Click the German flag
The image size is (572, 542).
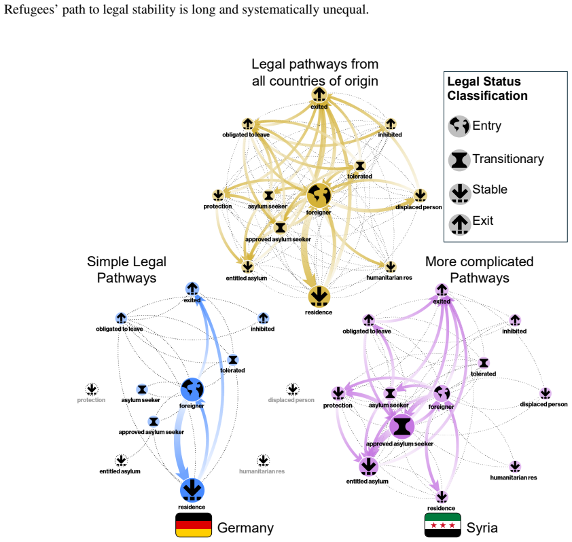pos(194,525)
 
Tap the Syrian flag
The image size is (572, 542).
pos(443,525)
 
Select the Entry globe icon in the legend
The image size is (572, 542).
pos(459,126)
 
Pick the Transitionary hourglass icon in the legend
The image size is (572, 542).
pos(459,160)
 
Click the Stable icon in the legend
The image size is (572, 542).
pos(460,192)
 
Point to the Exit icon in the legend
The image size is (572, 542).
pos(460,224)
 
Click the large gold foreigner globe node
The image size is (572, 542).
pos(319,195)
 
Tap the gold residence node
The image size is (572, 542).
pos(319,296)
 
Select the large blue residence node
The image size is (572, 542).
pos(192,490)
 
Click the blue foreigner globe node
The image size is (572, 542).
pos(192,389)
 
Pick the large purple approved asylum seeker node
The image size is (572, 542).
pos(401,426)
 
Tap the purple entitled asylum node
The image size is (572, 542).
pos(368,466)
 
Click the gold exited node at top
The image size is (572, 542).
pos(319,94)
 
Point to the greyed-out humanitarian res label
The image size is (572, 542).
pos(262,471)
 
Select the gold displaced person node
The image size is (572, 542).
pos(421,195)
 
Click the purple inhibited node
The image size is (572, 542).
pos(515,320)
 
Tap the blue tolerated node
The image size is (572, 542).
pos(233,360)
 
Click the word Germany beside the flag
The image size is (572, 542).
pos(245,528)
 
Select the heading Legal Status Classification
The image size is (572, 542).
pos(487,88)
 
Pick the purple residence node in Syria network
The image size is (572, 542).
pos(442,496)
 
